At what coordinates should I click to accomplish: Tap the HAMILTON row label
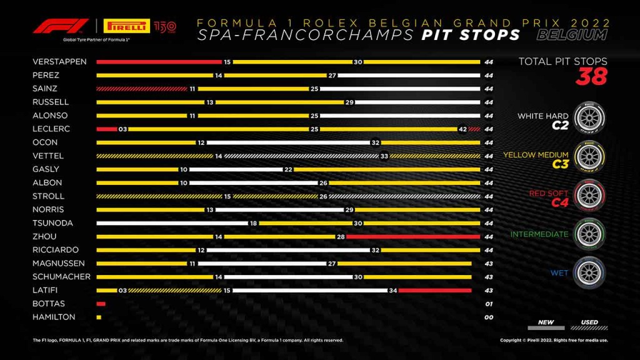tap(54, 317)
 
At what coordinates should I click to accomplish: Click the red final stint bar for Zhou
tap(409, 236)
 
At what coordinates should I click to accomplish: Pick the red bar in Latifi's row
tap(434, 290)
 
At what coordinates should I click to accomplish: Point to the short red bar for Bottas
tap(101, 304)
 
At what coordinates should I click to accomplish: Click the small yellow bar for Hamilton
tap(99, 317)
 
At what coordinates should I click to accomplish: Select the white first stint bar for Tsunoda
tap(172, 223)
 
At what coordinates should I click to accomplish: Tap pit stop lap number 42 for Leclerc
tap(462, 129)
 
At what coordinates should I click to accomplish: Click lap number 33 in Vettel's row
tap(384, 156)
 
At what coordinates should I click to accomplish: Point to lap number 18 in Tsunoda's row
tap(253, 223)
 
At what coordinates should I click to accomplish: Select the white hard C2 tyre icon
tap(589, 119)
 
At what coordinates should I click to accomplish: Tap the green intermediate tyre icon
tap(589, 234)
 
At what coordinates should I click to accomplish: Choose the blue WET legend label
tap(559, 273)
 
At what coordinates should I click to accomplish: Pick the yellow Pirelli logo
tap(126, 26)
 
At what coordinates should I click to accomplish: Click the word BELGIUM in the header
tap(571, 35)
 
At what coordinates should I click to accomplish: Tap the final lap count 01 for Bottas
tap(488, 304)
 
